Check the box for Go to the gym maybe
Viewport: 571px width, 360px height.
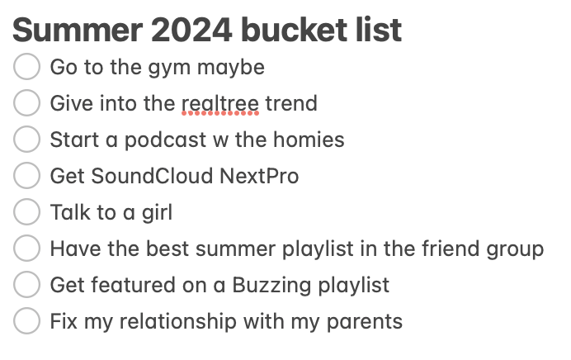(x=27, y=67)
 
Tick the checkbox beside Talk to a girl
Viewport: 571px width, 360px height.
(x=27, y=212)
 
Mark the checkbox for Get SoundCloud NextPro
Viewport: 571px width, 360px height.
(x=27, y=176)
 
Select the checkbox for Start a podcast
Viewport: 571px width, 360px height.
(x=27, y=140)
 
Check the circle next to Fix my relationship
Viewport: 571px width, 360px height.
(x=27, y=321)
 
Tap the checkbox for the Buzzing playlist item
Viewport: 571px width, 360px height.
(x=27, y=285)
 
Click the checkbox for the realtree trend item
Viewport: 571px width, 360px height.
(x=27, y=103)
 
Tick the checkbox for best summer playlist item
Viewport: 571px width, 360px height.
(x=27, y=249)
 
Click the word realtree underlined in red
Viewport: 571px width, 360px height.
(x=219, y=104)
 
